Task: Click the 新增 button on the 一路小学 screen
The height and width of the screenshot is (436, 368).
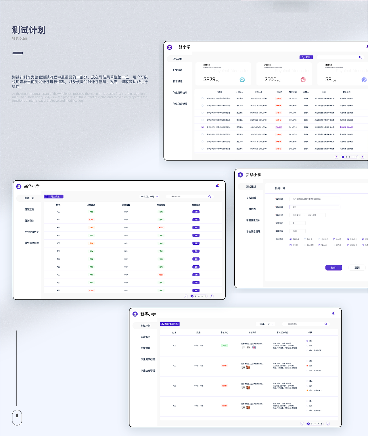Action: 306,57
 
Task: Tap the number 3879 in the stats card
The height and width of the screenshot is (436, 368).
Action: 209,80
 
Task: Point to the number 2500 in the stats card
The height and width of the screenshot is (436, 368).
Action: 270,80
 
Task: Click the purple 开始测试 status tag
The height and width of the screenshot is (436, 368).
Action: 279,127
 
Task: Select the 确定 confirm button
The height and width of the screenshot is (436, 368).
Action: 333,268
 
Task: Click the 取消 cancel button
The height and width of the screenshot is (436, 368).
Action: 357,268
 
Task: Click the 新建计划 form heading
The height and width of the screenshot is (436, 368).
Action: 280,188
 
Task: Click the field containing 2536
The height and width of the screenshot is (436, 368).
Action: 297,231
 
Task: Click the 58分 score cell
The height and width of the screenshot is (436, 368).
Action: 126,220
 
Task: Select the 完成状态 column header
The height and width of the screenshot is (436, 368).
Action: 161,205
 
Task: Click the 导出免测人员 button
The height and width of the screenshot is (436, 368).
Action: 170,324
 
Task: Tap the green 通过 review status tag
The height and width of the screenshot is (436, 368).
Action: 225,346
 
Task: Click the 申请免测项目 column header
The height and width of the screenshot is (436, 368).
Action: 282,333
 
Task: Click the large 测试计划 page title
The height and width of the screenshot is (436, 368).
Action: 29,30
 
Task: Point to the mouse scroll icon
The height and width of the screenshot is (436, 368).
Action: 17,417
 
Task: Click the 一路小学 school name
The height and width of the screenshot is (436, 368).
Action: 183,47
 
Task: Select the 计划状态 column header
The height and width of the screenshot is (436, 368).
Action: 278,92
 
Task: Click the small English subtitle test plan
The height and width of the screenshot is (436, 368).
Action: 20,38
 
